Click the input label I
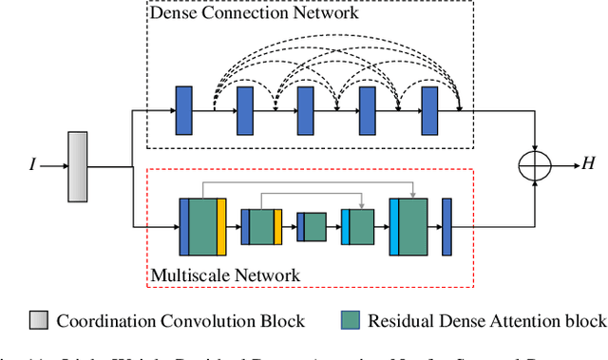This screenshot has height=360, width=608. (32, 165)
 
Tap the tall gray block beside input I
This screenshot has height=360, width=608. (78, 167)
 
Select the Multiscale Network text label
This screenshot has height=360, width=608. (225, 275)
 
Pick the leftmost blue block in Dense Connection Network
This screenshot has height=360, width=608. (184, 109)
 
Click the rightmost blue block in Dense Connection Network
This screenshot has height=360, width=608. (428, 109)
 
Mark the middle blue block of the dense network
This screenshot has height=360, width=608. (306, 109)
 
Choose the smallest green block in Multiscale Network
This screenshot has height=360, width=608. (313, 226)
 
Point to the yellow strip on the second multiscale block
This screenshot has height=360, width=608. (278, 226)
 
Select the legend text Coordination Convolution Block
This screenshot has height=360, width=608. (180, 321)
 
